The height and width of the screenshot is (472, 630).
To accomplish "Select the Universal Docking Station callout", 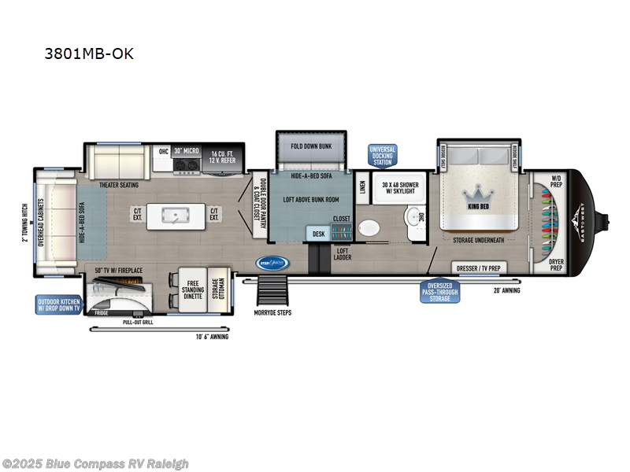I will tap(383, 155).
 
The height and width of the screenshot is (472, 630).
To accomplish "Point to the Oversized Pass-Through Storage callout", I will tap(440, 291).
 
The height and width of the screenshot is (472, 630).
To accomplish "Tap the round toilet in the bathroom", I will tap(369, 229).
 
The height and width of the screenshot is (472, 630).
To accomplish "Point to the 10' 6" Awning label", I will tap(212, 337).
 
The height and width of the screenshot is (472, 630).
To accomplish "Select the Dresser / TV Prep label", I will tap(479, 268).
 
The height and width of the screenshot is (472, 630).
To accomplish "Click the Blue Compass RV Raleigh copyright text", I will tap(95, 463).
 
